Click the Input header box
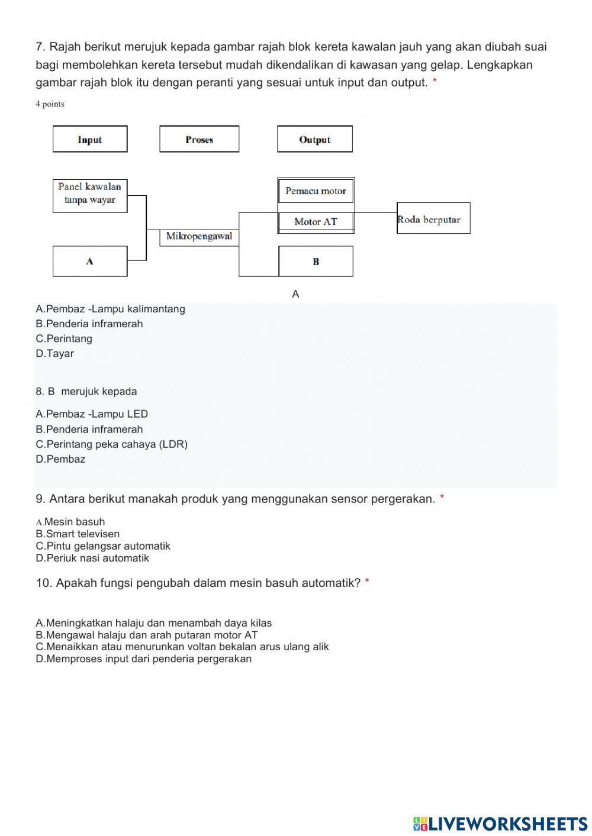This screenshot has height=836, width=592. [90, 139]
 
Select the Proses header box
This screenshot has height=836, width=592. [199, 139]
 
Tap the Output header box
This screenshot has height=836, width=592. [314, 139]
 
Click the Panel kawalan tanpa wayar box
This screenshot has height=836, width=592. [90, 195]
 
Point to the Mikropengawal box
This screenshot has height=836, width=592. [199, 237]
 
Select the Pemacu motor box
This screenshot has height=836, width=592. [316, 191]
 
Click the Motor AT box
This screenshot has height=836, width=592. [316, 222]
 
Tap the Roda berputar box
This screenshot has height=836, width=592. [433, 218]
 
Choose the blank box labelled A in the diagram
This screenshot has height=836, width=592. [90, 261]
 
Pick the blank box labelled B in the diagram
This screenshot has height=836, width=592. [316, 262]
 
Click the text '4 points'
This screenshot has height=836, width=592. [50, 104]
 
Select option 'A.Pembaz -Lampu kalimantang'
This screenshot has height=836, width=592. [110, 309]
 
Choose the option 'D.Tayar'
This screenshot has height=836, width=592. [54, 354]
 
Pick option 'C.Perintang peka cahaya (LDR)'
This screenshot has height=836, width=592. [111, 444]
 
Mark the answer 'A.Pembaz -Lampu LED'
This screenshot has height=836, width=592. [92, 414]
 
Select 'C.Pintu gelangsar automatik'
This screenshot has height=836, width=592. [103, 546]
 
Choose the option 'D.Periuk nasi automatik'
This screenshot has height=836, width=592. [92, 558]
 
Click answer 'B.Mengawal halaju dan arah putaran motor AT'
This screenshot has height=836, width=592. [147, 635]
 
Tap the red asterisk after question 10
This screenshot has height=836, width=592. [367, 583]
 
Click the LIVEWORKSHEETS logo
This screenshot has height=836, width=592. [500, 823]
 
